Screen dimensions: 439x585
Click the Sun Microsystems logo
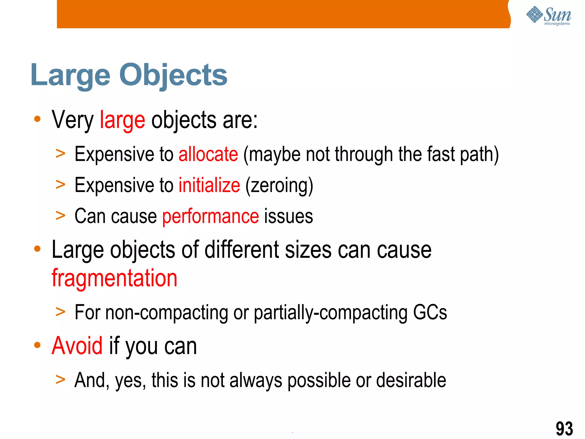point(548,15)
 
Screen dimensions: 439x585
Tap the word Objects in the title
point(173,75)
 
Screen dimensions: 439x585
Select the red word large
point(122,120)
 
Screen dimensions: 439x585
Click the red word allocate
point(208,154)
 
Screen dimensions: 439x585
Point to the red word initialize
point(209,185)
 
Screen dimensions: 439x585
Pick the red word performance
point(211,216)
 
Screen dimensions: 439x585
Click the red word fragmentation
point(115,278)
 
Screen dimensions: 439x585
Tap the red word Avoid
point(77,346)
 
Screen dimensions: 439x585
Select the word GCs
point(430,312)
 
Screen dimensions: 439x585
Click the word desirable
point(411,380)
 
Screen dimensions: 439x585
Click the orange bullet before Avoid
point(37,345)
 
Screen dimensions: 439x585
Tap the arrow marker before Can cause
point(61,216)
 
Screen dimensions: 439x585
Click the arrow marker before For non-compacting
point(61,312)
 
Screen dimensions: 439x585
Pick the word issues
point(289,216)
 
